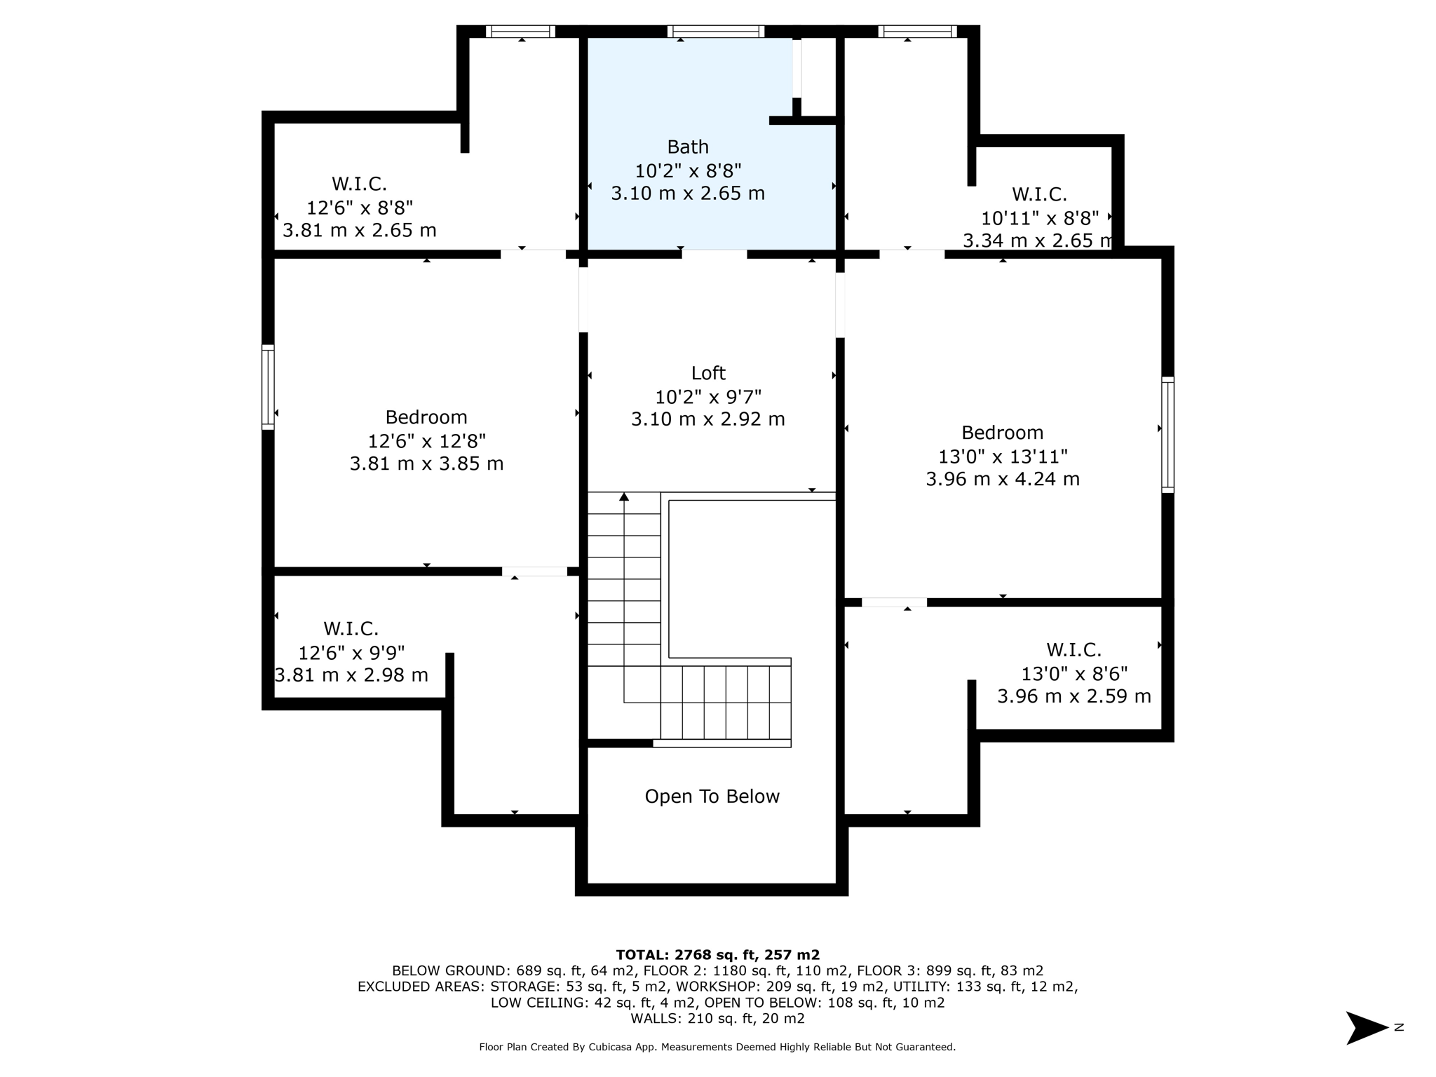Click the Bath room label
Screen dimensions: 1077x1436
click(x=687, y=147)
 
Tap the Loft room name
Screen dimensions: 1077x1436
click(x=708, y=373)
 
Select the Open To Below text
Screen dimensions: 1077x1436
click(x=712, y=797)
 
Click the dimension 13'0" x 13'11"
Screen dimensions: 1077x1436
click(x=1003, y=456)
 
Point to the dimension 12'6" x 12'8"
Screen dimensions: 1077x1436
click(x=426, y=441)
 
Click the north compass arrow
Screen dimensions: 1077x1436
click(x=1366, y=1028)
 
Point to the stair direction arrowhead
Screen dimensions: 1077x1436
click(x=624, y=497)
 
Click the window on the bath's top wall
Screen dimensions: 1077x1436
click(x=715, y=32)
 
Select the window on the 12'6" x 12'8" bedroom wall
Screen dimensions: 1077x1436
click(x=268, y=386)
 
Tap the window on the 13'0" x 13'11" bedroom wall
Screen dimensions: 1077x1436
click(x=1167, y=435)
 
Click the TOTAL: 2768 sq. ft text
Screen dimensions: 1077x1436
click(x=717, y=954)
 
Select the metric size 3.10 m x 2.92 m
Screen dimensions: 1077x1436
click(x=707, y=419)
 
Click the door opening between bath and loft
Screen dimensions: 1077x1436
click(x=714, y=254)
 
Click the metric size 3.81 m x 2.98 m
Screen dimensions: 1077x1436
click(x=351, y=675)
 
